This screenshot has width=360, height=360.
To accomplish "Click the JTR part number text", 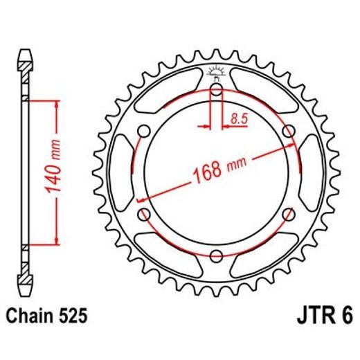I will pyautogui.click(x=320, y=318).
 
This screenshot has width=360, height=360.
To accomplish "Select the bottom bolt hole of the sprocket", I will pyautogui.click(x=216, y=255).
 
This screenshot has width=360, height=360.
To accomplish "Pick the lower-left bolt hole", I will pyautogui.click(x=144, y=214).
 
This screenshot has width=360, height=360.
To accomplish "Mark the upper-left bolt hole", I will pyautogui.click(x=144, y=131).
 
